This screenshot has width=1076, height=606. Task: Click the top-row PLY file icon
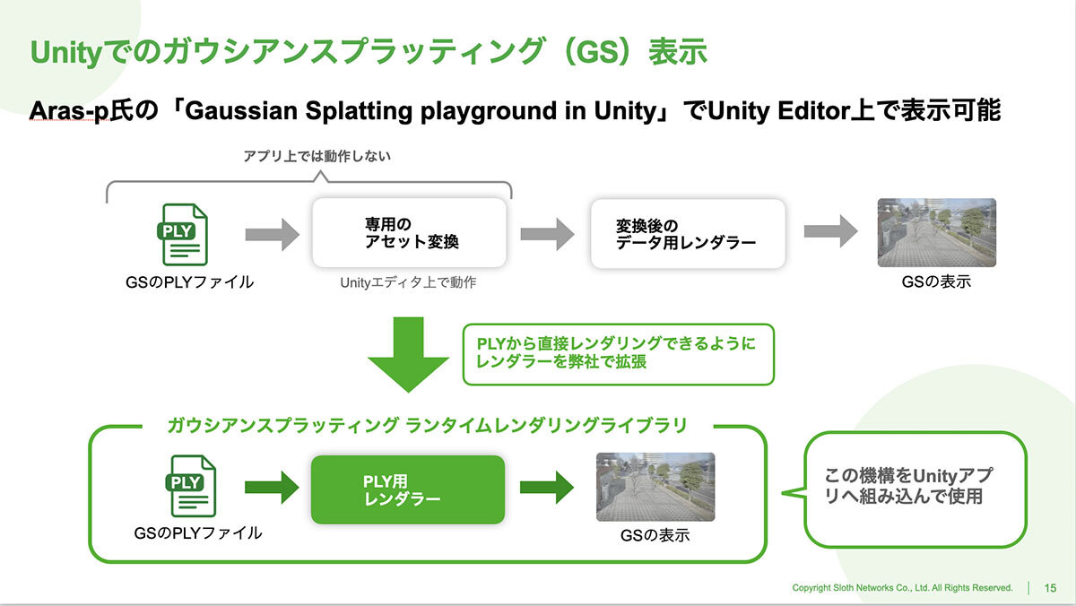click(x=183, y=234)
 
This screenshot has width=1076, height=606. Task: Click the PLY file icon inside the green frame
click(x=191, y=486)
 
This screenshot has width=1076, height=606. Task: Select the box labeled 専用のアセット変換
click(x=409, y=233)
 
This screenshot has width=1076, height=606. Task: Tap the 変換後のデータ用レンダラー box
click(x=688, y=234)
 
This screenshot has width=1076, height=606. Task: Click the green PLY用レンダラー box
click(x=408, y=489)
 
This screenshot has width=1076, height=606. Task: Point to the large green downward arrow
click(x=408, y=354)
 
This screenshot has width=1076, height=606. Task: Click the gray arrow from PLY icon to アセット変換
click(x=273, y=234)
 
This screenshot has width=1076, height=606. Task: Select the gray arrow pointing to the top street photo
click(x=831, y=231)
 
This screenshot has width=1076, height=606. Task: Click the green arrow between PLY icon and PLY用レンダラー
click(x=272, y=488)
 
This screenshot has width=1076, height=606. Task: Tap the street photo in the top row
click(x=937, y=232)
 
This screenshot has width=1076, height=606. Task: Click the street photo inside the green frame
click(x=655, y=487)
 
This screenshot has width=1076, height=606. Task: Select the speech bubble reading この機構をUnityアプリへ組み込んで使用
click(x=915, y=489)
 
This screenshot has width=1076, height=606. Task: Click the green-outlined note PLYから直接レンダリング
click(x=618, y=354)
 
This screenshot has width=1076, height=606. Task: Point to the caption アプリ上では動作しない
click(x=317, y=156)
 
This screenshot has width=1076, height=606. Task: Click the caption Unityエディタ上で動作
click(x=408, y=282)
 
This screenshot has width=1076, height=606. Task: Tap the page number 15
click(x=1050, y=588)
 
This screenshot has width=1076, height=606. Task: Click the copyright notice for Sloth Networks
click(x=902, y=588)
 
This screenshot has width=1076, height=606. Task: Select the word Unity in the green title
click(x=66, y=52)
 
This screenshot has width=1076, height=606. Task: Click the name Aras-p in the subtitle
click(x=69, y=110)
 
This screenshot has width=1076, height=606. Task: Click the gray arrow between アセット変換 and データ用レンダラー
click(x=548, y=234)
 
